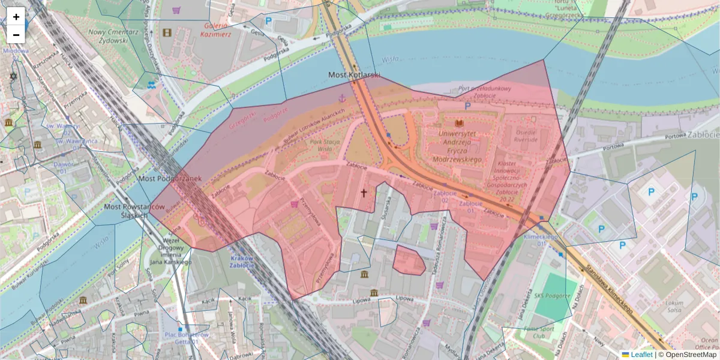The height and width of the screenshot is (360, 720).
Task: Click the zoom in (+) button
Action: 16,17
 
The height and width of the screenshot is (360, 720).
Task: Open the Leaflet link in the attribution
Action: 641,355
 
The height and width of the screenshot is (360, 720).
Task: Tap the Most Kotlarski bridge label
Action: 354,75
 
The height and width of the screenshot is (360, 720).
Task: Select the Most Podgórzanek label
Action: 170,178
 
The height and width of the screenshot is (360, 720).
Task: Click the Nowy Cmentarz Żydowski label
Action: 108,36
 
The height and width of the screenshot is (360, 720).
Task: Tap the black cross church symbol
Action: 363,193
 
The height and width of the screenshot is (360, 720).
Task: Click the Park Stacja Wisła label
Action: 320,146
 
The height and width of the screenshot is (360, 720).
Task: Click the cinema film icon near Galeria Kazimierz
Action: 167,32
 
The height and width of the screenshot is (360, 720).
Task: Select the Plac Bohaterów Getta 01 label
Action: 187,338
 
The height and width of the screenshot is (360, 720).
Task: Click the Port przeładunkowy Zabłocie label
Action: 484,92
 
